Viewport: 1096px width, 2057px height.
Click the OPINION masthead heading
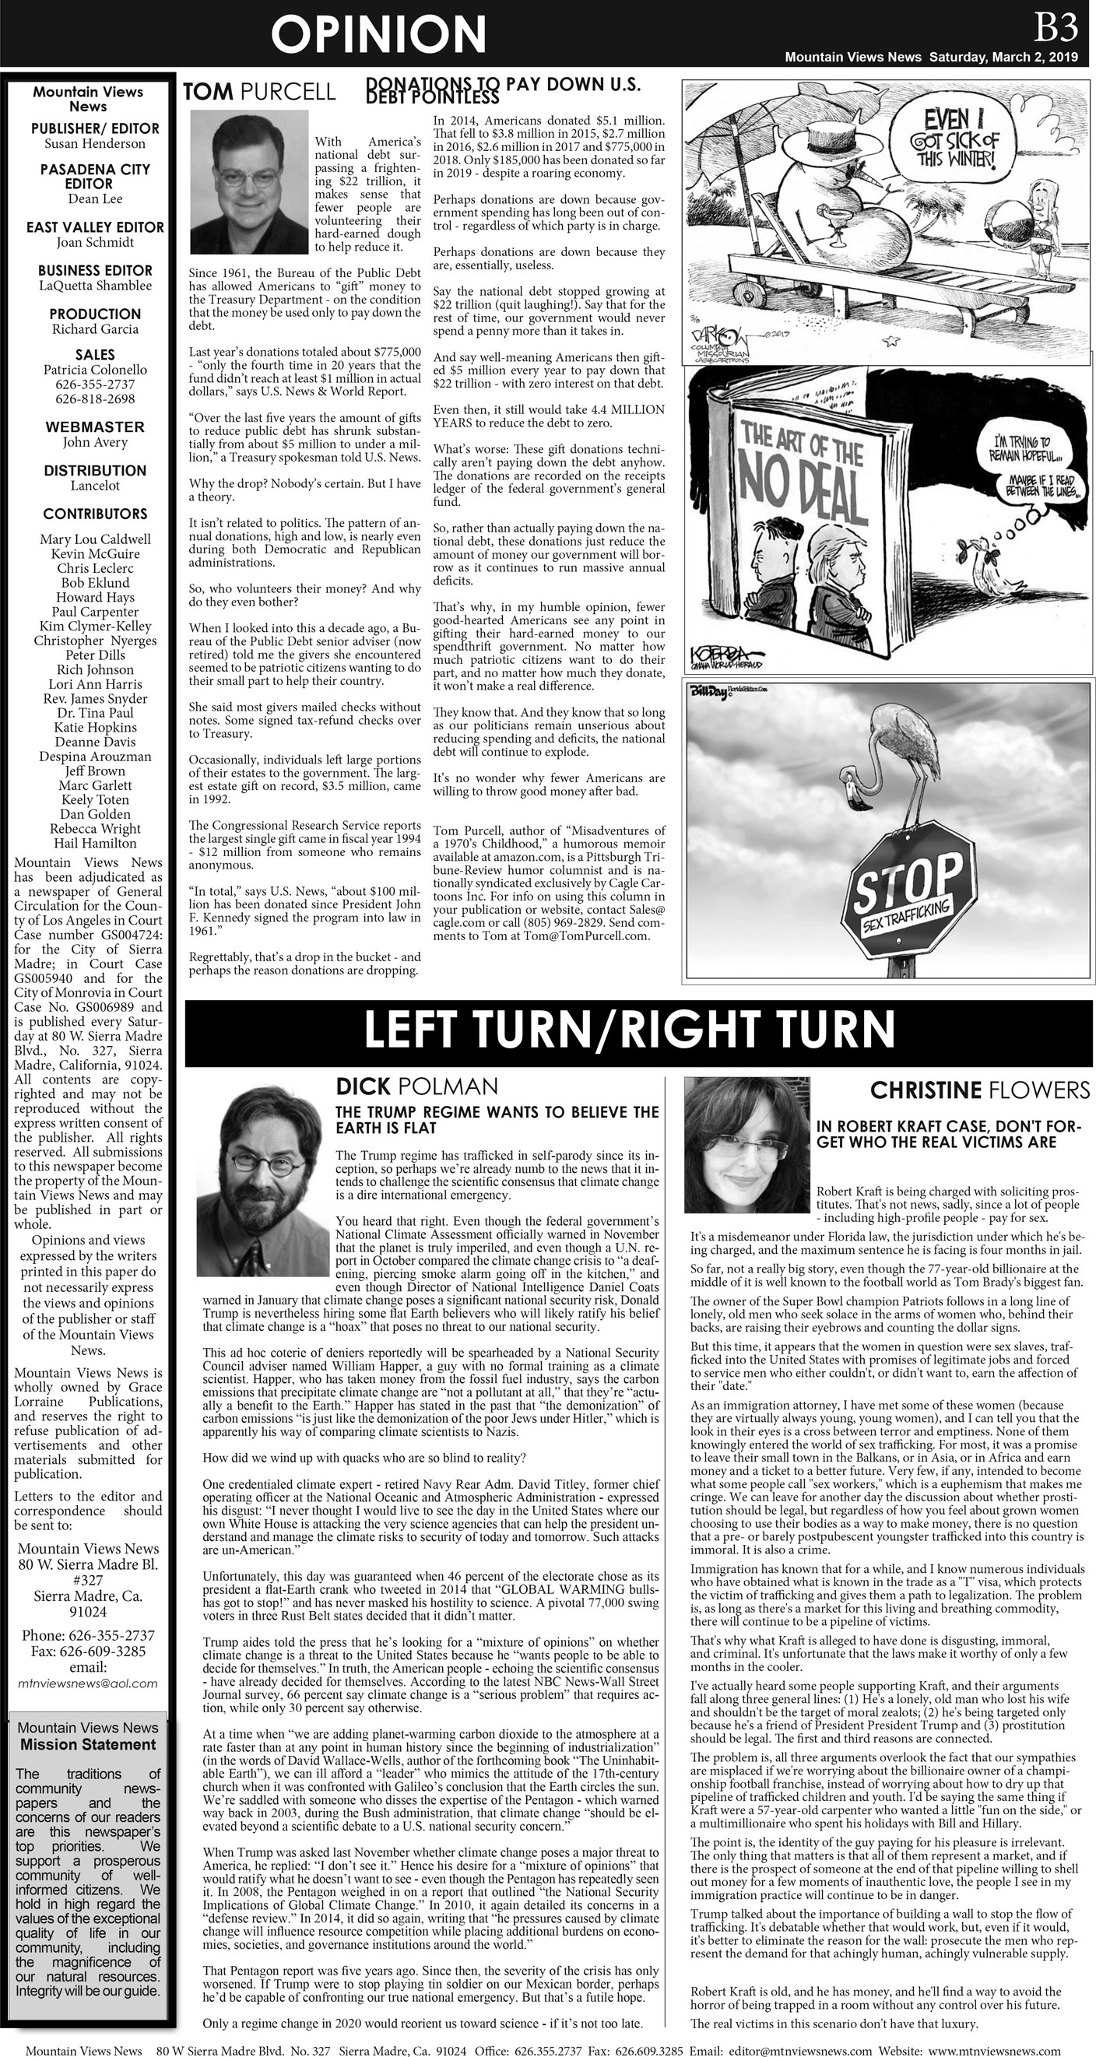[x=378, y=35]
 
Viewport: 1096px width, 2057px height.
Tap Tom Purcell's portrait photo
[x=248, y=182]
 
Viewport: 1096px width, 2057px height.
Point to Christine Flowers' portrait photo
[x=746, y=1143]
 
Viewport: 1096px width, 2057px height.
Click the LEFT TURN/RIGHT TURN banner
[x=629, y=1030]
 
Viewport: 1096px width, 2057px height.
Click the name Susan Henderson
[x=94, y=144]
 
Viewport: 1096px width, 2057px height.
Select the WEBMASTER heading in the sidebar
[x=94, y=427]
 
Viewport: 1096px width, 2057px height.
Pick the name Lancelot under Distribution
[x=94, y=486]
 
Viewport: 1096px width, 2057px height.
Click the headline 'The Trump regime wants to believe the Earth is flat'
[x=496, y=1119]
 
